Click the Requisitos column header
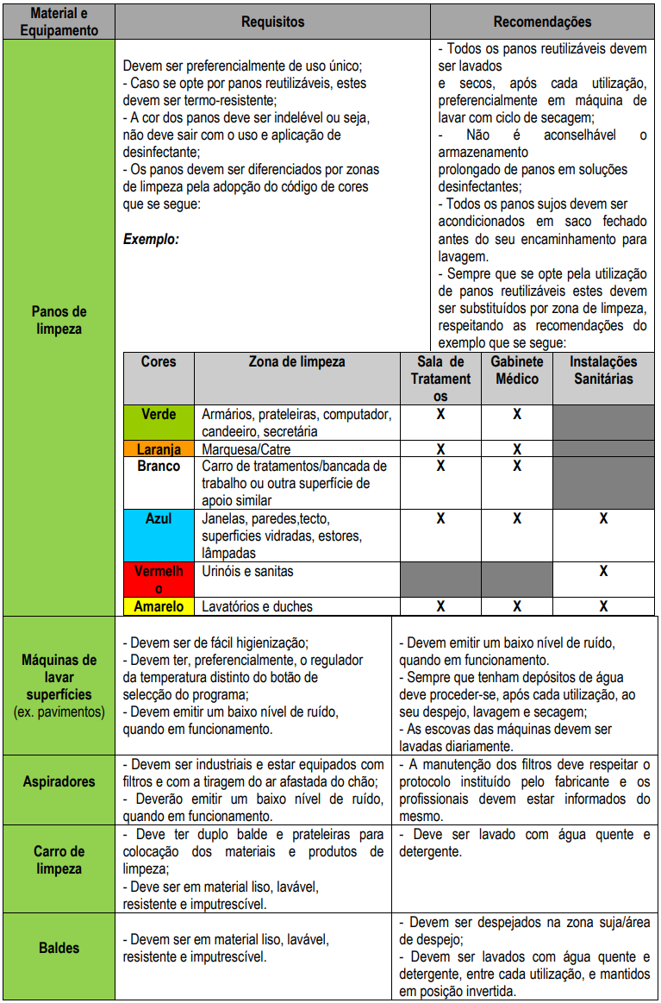272,22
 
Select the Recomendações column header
542,22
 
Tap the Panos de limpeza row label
59,320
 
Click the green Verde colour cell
159,423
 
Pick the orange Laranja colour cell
159,449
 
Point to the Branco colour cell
159,483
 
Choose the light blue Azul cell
159,535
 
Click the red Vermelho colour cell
159,579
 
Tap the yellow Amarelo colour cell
159,606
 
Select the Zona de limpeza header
296,362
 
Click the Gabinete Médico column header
517,370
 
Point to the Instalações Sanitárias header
603,370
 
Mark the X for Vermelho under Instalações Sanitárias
603,571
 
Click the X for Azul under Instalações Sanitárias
603,518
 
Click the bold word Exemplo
151,239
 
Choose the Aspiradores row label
59,781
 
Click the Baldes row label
59,948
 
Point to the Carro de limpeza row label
59,860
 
